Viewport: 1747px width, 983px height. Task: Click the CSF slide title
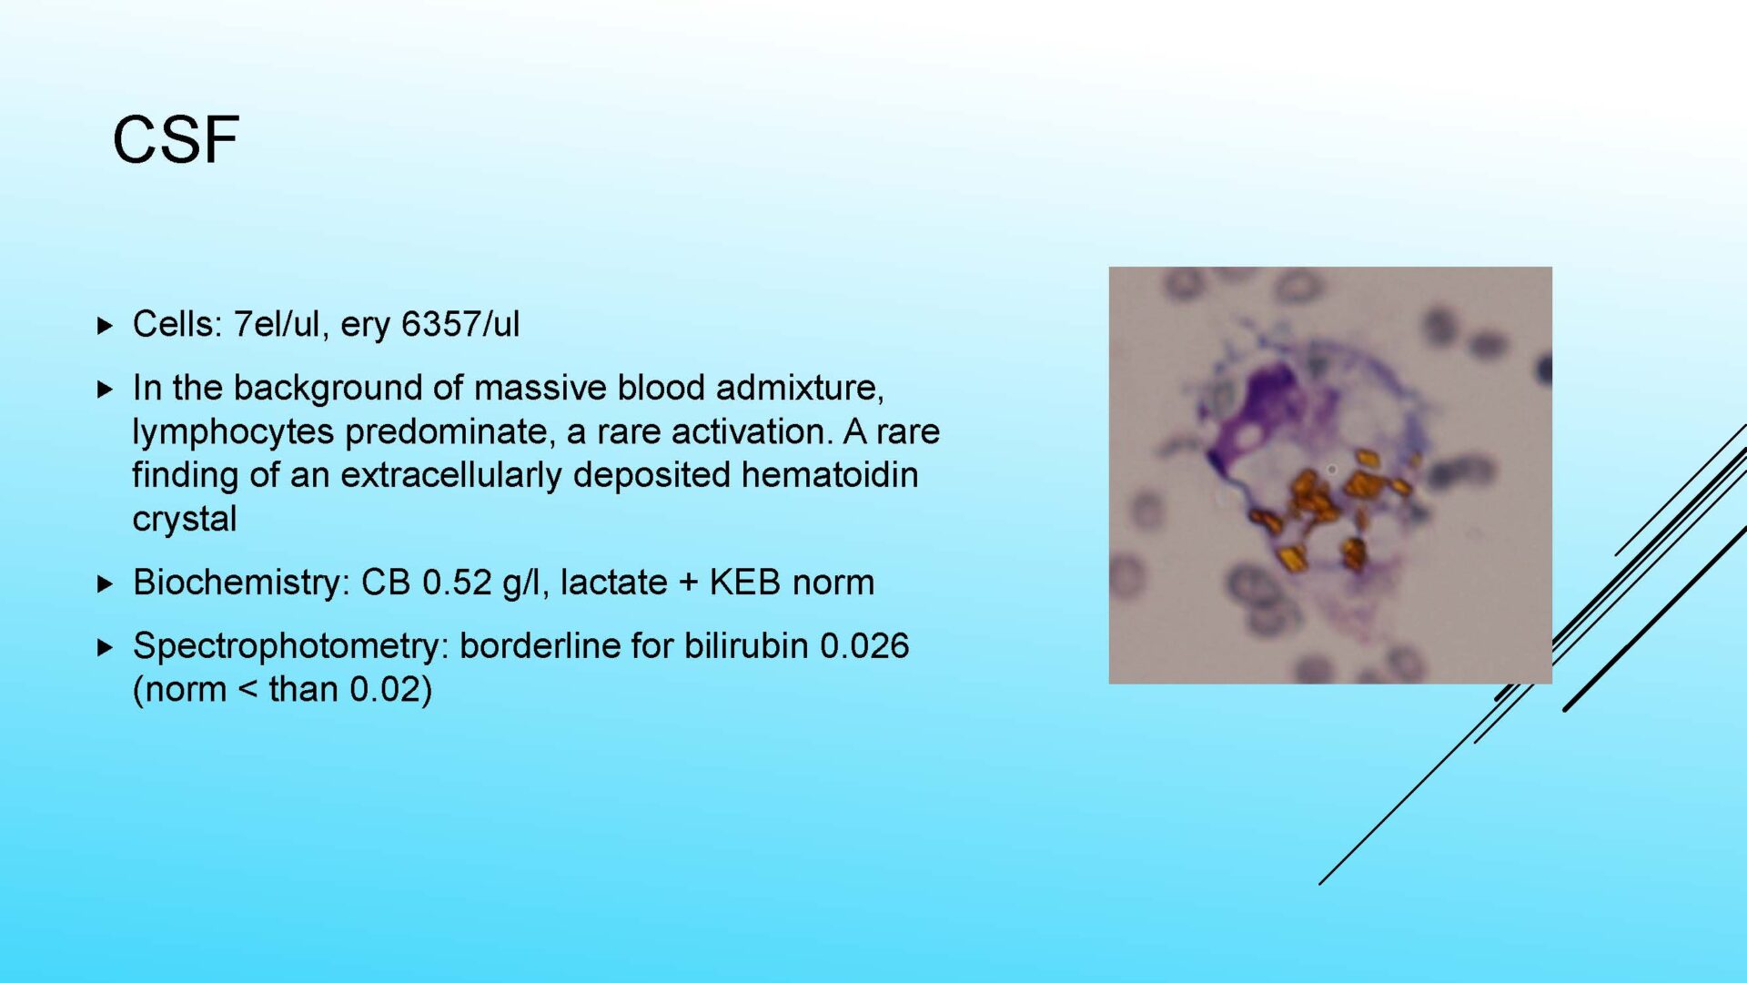point(176,140)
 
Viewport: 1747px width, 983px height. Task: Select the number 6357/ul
point(460,324)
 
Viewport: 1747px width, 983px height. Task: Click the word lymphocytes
point(233,432)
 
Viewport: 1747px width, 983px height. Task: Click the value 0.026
point(864,646)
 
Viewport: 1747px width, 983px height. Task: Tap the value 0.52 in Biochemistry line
point(457,583)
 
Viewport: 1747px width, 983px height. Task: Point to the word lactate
point(613,583)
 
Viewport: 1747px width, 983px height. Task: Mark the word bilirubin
point(746,646)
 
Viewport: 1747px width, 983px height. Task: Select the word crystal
point(185,520)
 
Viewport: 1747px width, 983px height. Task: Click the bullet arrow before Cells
point(105,325)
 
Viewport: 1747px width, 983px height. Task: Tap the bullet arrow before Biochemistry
point(105,583)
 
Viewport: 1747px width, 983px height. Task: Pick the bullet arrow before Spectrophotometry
point(105,647)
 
